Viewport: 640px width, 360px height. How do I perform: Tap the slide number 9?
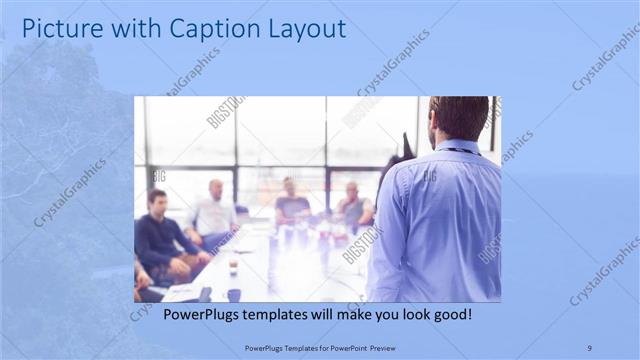(x=589, y=347)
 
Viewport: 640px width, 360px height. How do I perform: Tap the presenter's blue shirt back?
(x=440, y=220)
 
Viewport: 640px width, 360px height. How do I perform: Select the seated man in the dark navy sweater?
(x=160, y=240)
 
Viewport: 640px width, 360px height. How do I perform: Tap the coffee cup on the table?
(x=233, y=267)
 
